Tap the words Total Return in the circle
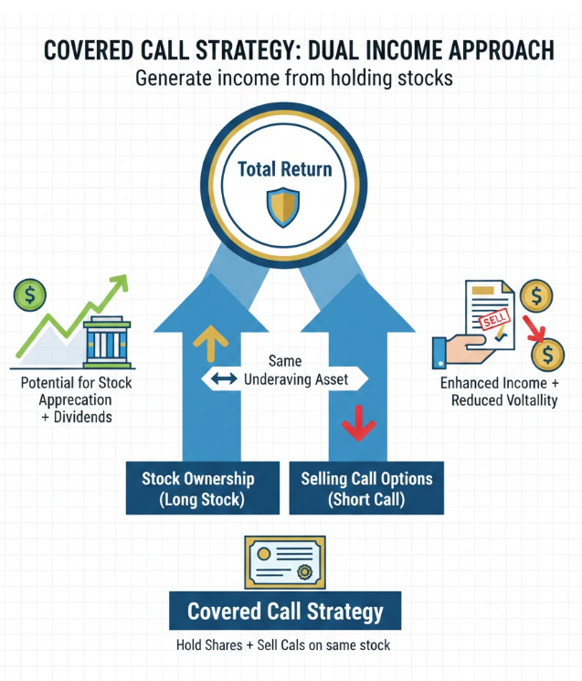click(x=284, y=169)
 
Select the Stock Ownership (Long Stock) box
click(x=197, y=488)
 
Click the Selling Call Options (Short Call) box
click(x=365, y=488)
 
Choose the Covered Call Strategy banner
click(x=285, y=611)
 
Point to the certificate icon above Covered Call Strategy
click(x=285, y=560)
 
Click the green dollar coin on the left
click(x=29, y=294)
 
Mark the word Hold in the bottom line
click(x=191, y=645)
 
